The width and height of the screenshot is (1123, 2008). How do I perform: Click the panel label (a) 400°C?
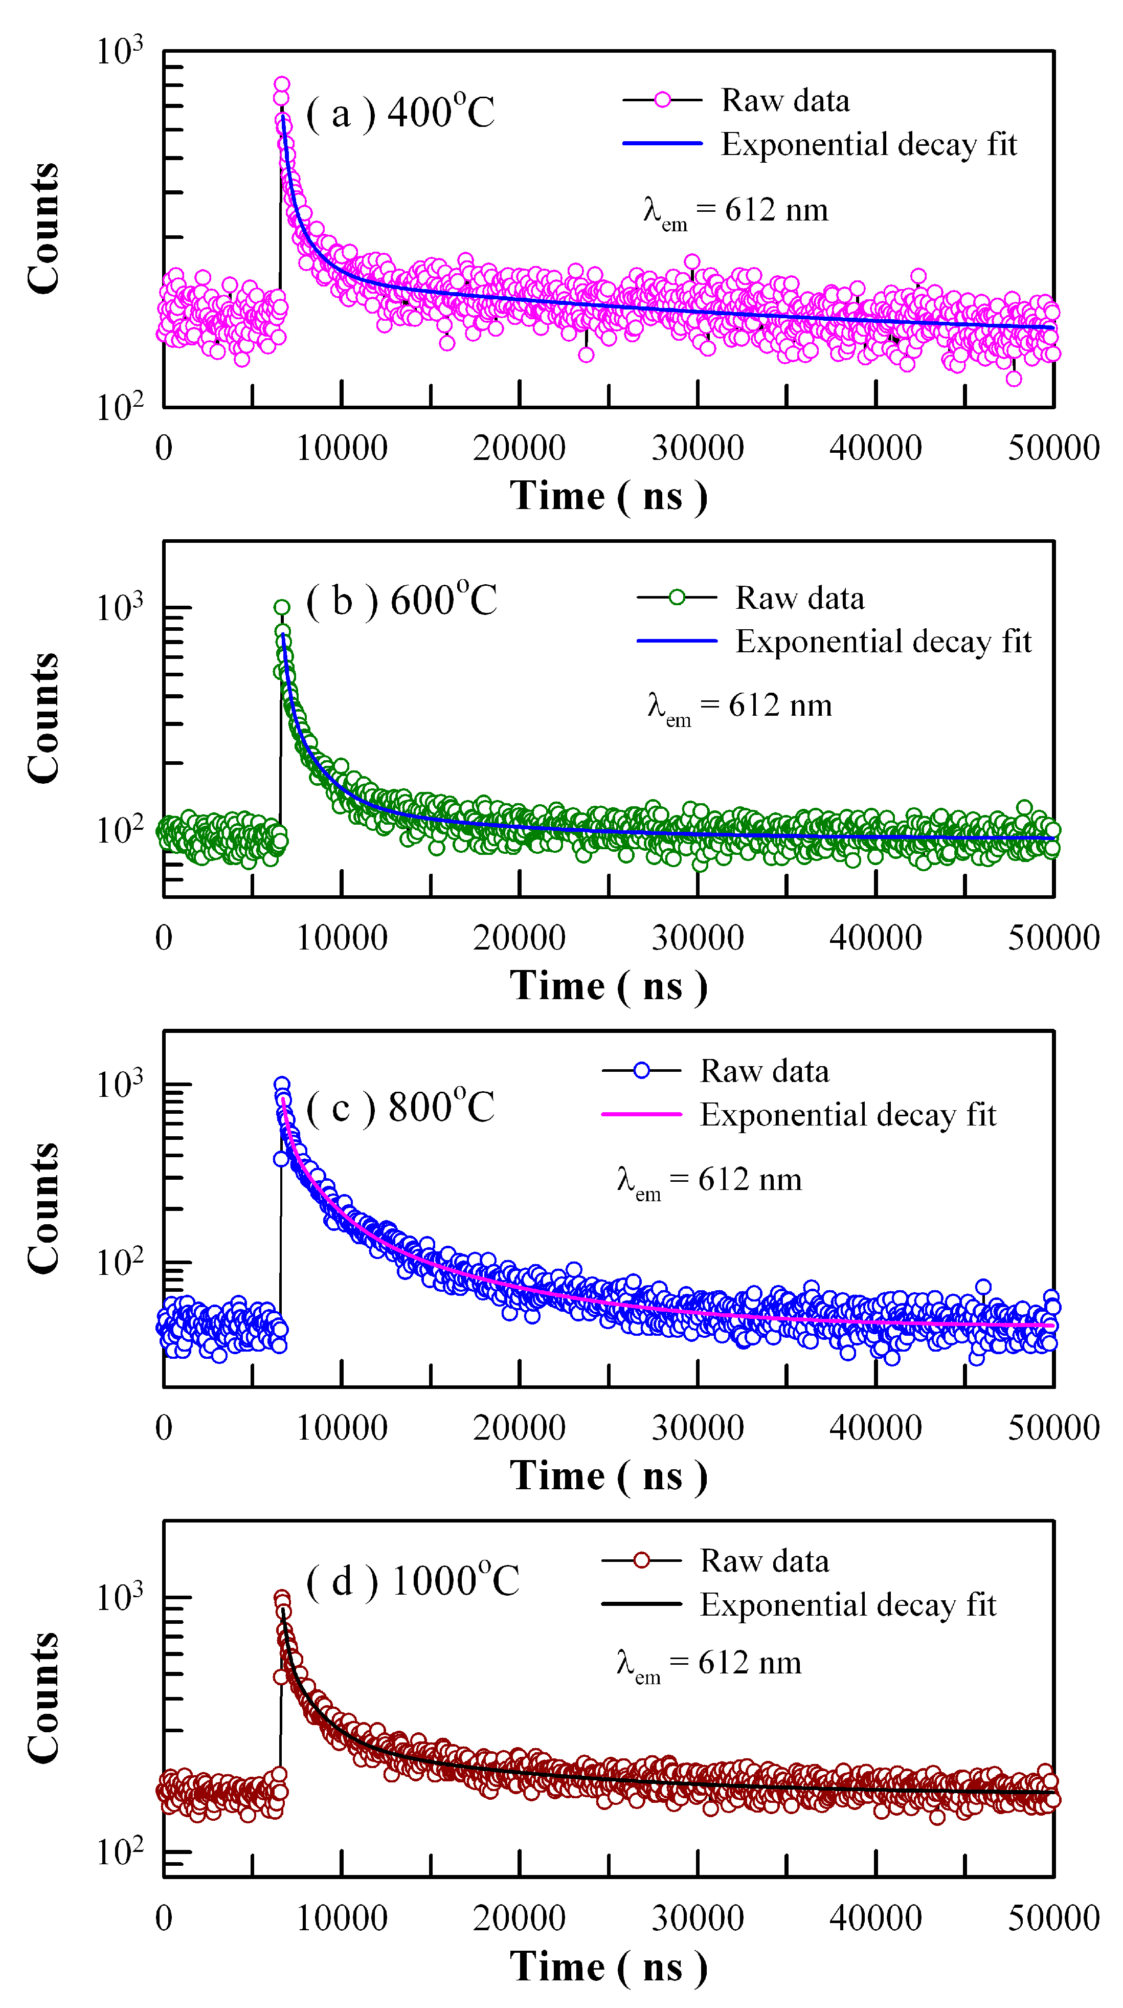pyautogui.click(x=400, y=114)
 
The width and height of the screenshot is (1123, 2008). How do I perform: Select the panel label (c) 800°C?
pyautogui.click(x=400, y=1108)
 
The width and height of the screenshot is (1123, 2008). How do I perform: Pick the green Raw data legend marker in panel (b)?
pyautogui.click(x=677, y=598)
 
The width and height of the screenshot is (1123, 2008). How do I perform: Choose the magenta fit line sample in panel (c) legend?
pyautogui.click(x=641, y=1115)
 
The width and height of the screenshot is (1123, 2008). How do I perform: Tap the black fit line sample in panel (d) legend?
pyautogui.click(x=641, y=1604)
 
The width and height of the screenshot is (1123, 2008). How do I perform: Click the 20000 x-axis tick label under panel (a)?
pyautogui.click(x=519, y=448)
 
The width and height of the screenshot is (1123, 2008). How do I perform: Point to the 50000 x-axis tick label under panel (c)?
pyautogui.click(x=1053, y=1428)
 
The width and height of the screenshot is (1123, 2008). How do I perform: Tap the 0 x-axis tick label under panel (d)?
pyautogui.click(x=164, y=1917)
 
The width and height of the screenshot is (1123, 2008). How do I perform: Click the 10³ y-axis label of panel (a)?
pyautogui.click(x=119, y=52)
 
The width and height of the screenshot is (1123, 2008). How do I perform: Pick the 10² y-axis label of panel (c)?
pyautogui.click(x=119, y=1262)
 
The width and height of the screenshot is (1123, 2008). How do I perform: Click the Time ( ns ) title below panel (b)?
pyautogui.click(x=609, y=986)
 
